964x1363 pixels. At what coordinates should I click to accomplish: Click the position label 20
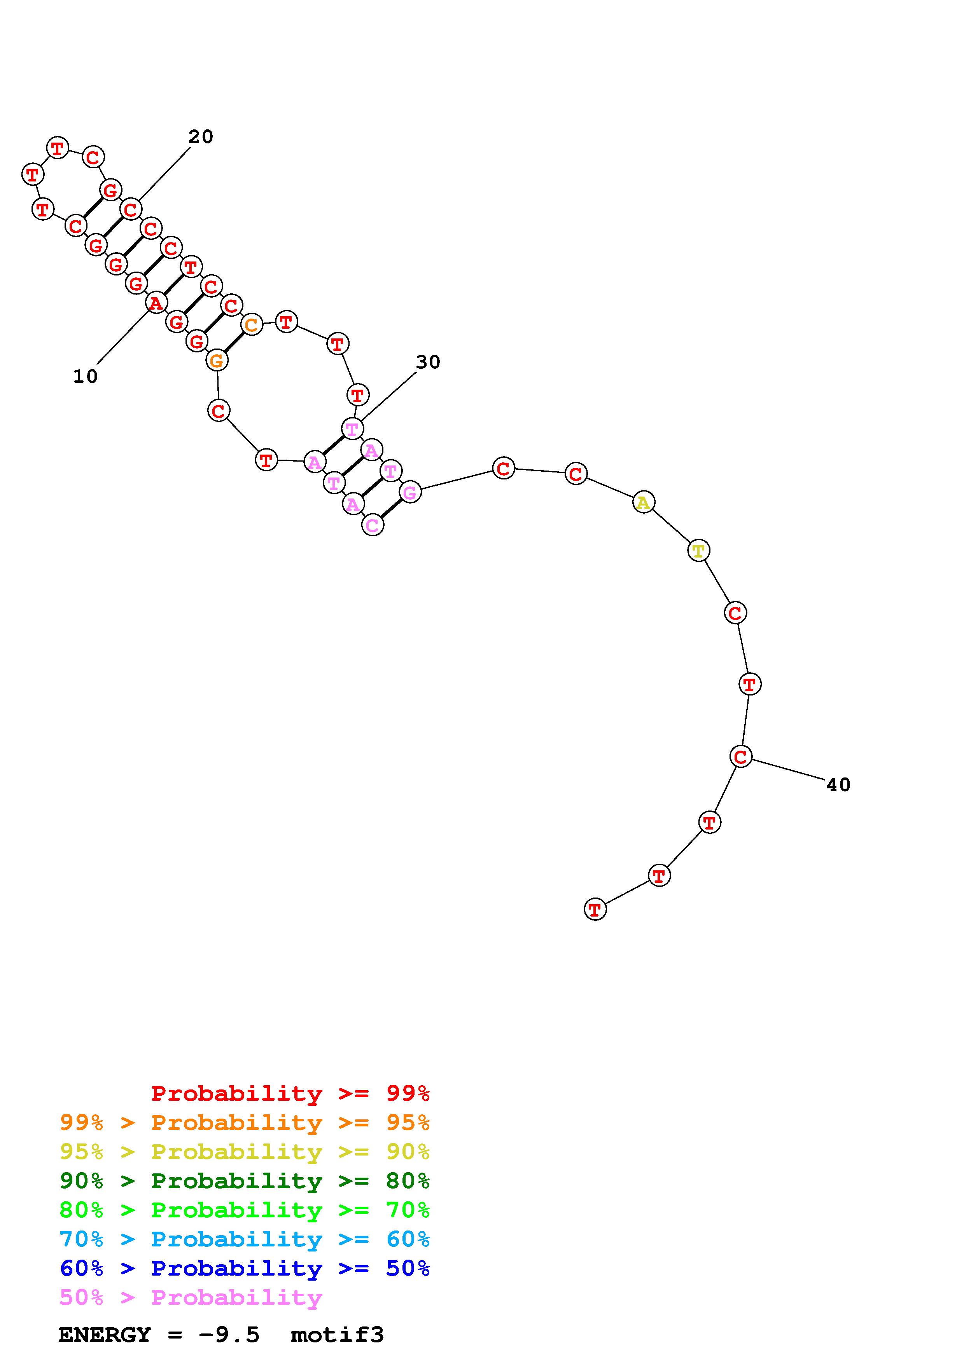click(x=201, y=137)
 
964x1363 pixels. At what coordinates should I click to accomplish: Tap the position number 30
click(x=428, y=362)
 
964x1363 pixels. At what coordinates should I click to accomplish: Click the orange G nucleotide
click(x=217, y=360)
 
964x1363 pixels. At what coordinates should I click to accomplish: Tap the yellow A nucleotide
click(x=643, y=503)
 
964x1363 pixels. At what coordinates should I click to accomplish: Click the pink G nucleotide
click(x=410, y=492)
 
